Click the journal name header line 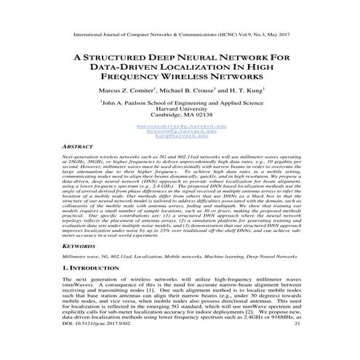point(180,34)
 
